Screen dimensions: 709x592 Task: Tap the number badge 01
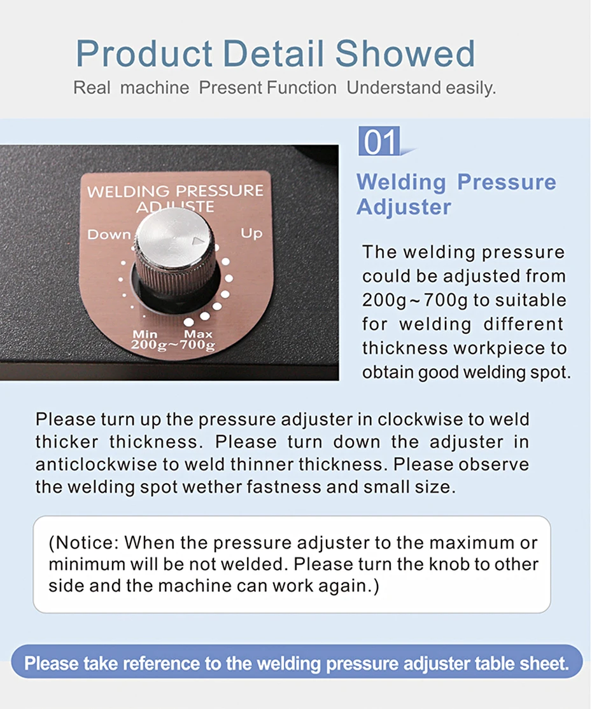(380, 141)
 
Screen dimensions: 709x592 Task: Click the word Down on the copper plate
(109, 235)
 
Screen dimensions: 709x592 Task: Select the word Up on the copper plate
(251, 233)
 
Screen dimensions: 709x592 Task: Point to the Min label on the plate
(144, 334)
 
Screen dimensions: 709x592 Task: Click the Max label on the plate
(198, 334)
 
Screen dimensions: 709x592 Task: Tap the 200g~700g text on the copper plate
(173, 345)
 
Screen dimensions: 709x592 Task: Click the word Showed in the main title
(405, 53)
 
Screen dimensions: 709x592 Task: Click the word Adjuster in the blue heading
(404, 207)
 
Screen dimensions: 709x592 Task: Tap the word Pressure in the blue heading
(507, 182)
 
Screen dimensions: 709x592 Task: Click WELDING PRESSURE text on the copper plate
(175, 191)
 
